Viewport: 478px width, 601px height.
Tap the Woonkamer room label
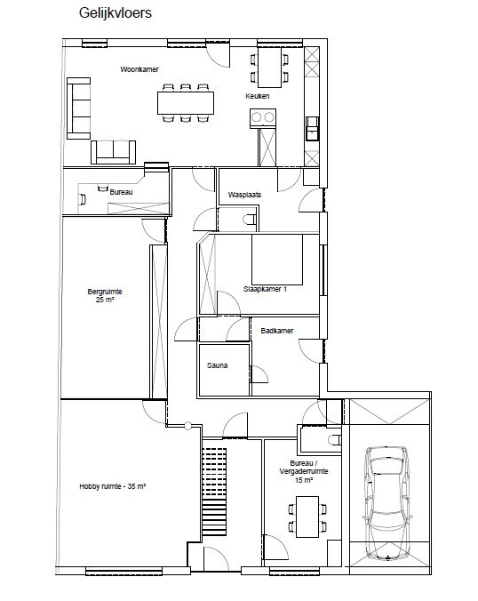pos(139,68)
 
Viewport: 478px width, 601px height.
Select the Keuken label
pos(259,96)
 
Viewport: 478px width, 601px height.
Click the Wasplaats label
pos(243,196)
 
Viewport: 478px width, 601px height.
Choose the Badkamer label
pos(277,331)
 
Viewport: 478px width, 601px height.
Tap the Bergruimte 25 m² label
pos(104,295)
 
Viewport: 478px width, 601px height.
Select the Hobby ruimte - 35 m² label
pos(112,486)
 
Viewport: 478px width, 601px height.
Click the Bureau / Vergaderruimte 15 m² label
pos(297,473)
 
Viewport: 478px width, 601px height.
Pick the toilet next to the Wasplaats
pos(250,220)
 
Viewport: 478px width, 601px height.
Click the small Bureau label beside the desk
pos(121,191)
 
